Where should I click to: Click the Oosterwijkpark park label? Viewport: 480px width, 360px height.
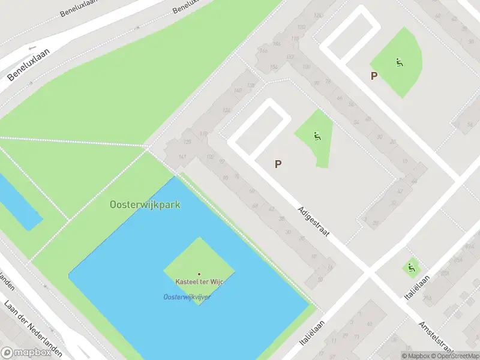(145, 205)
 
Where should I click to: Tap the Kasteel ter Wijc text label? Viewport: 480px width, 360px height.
(199, 282)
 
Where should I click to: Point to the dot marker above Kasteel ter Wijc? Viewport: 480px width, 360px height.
(199, 274)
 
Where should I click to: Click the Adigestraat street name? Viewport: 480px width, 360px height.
(313, 221)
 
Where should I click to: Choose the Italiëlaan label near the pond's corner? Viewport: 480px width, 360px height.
(311, 332)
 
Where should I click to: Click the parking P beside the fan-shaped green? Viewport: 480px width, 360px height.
(374, 76)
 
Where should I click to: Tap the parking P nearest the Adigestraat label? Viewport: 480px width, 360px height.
(278, 164)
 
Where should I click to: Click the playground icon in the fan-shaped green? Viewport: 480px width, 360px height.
(399, 62)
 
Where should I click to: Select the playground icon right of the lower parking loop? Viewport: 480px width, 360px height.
(316, 136)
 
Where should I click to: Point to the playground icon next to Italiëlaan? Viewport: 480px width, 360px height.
(411, 267)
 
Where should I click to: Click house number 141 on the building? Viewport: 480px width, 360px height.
(182, 157)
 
